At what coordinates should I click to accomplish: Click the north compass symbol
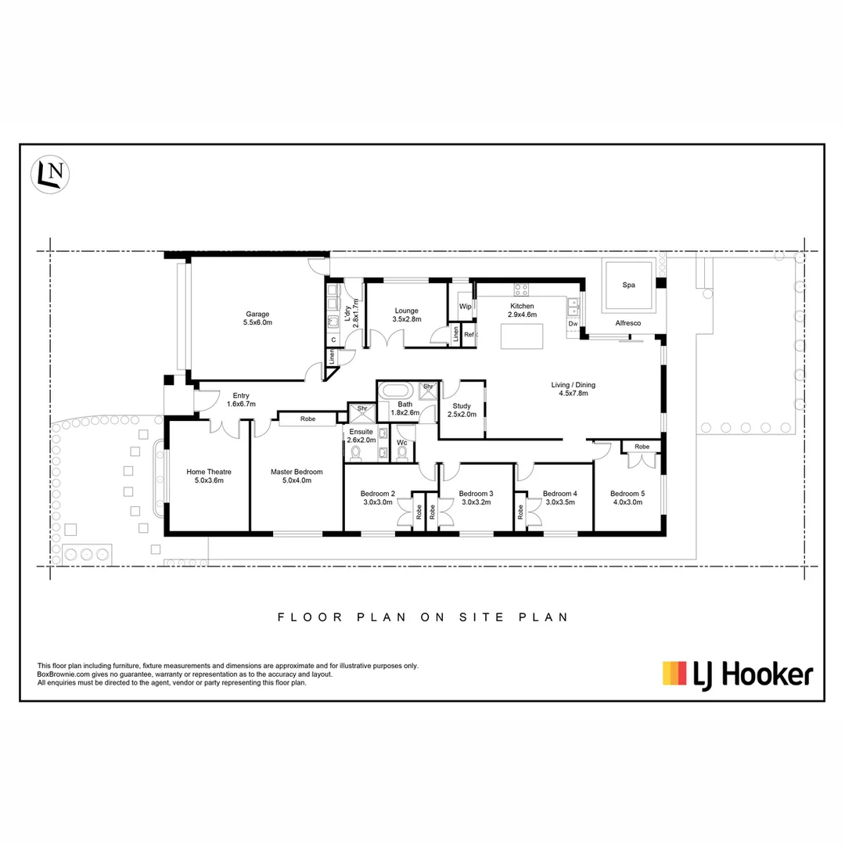51,174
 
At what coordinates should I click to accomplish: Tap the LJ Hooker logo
737,674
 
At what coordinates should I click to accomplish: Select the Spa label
628,286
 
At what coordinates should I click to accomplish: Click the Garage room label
257,314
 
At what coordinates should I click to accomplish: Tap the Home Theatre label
209,472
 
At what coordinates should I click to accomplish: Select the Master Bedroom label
297,472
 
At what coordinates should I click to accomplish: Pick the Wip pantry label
465,307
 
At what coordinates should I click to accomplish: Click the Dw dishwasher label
573,323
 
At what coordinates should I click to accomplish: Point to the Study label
461,406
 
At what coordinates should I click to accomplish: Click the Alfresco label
628,322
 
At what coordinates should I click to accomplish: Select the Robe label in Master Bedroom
307,419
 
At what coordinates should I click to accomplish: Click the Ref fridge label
469,335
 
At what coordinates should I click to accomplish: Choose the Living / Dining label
574,384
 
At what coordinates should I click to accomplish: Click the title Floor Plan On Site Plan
422,617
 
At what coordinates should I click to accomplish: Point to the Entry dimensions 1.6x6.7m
241,404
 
